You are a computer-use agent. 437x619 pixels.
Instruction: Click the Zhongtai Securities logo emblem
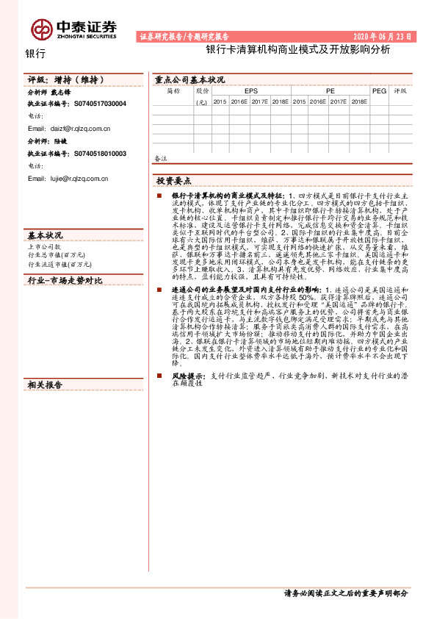40,29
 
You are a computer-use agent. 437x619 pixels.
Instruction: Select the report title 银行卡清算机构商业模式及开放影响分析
298,50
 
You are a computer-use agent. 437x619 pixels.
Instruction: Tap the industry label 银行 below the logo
35,54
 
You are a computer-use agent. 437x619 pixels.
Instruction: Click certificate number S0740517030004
100,104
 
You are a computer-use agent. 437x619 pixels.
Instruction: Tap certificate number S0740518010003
100,154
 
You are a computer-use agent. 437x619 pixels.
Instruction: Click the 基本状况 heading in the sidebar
46,235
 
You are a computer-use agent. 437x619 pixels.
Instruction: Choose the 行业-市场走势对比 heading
65,281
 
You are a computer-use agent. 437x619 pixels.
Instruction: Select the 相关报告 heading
46,385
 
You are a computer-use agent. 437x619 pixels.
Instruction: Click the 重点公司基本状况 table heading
189,79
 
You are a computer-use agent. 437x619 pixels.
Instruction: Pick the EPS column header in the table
251,91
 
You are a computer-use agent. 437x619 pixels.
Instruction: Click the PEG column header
379,91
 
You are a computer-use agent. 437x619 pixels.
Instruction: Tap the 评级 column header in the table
400,91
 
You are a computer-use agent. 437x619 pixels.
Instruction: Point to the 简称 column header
173,91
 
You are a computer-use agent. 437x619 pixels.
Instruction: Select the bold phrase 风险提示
188,376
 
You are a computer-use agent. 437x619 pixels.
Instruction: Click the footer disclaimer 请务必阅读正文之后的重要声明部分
345,593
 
